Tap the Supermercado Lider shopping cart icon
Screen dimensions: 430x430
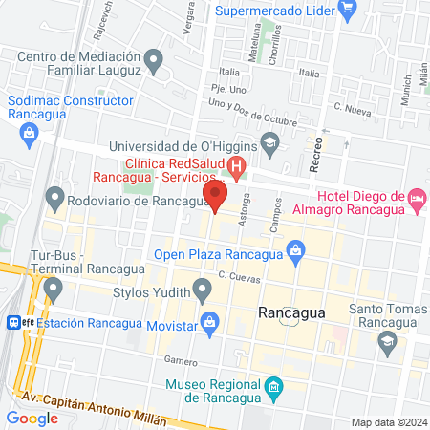[x=348, y=11]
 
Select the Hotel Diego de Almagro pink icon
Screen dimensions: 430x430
[x=417, y=199]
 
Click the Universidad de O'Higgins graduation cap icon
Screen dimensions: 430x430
[x=270, y=146]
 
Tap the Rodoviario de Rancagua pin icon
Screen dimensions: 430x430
[x=54, y=201]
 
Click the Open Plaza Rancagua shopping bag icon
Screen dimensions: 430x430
[x=296, y=253]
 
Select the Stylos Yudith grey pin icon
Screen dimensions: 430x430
[x=202, y=288]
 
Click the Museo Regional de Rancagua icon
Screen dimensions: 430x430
[x=274, y=387]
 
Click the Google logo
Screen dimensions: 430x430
[x=32, y=418]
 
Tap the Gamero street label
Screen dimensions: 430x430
[x=180, y=360]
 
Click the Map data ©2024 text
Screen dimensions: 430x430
[x=388, y=422]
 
